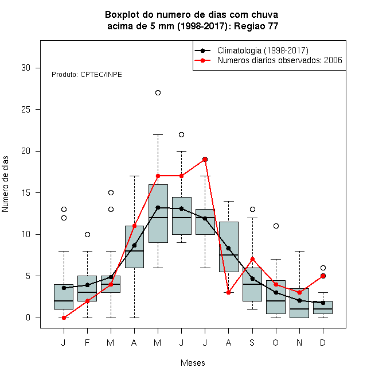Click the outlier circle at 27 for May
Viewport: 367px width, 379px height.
158,93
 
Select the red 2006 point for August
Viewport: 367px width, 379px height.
228,293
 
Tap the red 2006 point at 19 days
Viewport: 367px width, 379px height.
205,159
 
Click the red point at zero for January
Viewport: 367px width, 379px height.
64,318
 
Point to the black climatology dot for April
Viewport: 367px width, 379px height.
135,245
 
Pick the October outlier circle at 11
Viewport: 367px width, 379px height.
276,226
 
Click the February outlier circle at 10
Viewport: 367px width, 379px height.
87,234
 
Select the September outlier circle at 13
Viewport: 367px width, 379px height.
252,210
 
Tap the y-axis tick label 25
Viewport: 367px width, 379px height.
26,110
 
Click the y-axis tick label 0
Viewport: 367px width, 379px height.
28,318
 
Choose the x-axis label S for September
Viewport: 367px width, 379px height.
252,342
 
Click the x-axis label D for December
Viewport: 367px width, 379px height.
323,342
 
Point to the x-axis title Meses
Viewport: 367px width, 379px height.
193,363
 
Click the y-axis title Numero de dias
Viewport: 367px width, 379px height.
5,184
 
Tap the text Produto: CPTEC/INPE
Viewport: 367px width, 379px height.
87,75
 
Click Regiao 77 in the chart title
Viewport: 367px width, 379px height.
256,26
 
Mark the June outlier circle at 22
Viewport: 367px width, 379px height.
182,134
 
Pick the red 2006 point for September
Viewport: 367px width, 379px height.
252,260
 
